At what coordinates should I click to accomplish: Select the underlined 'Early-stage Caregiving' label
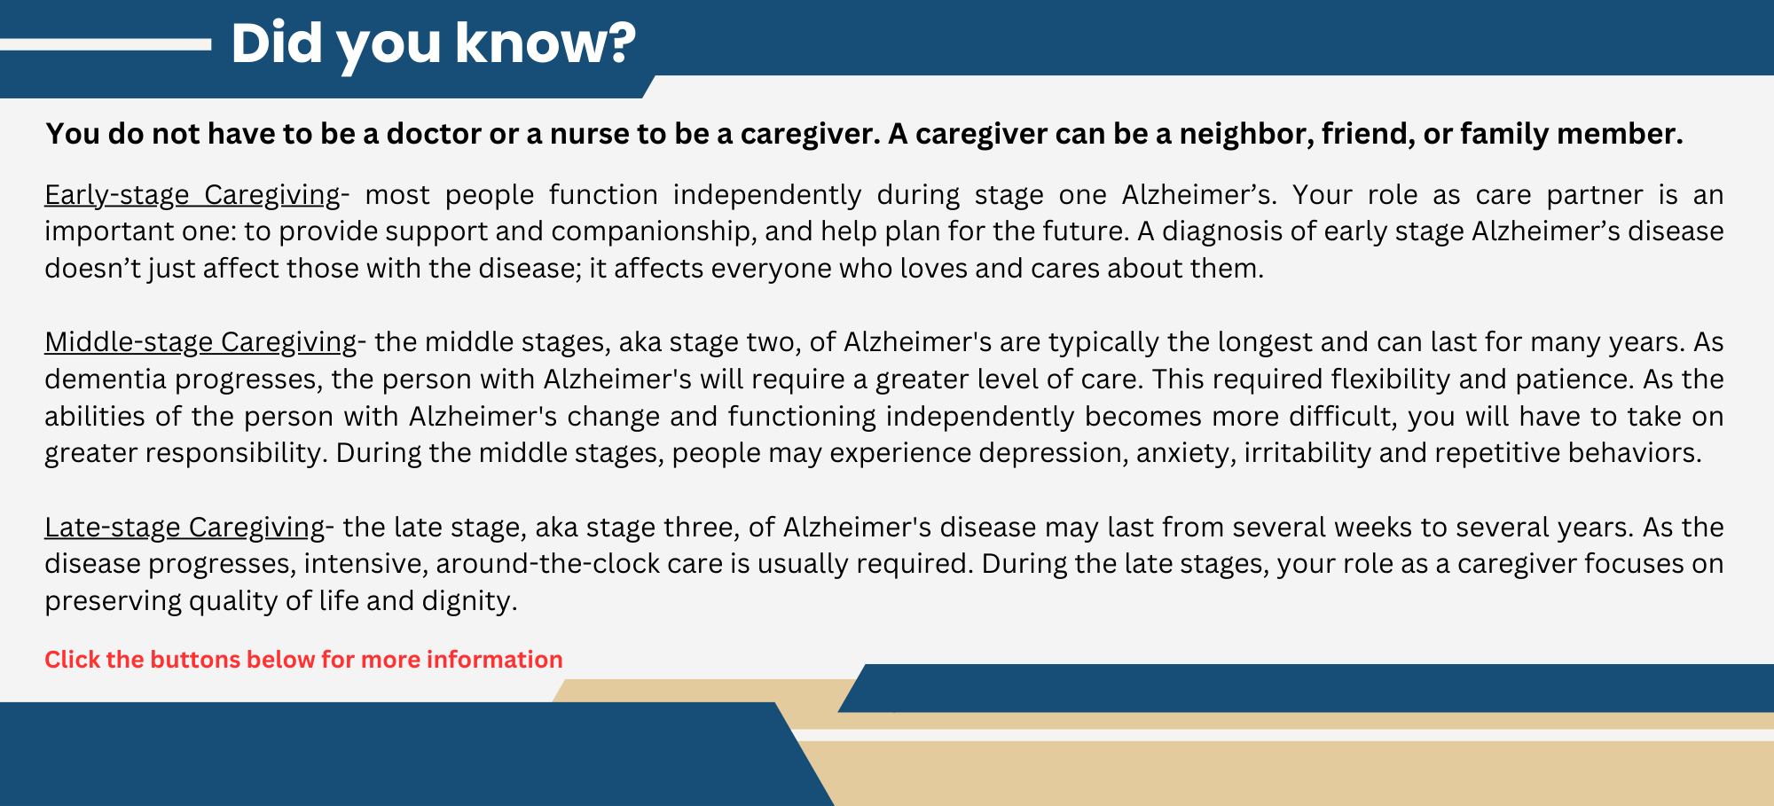(192, 194)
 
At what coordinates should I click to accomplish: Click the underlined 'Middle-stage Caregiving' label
(200, 341)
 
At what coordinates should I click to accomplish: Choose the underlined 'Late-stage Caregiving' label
(184, 527)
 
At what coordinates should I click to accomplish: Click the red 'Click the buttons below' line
(303, 660)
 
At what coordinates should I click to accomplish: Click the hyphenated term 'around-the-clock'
(579, 564)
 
